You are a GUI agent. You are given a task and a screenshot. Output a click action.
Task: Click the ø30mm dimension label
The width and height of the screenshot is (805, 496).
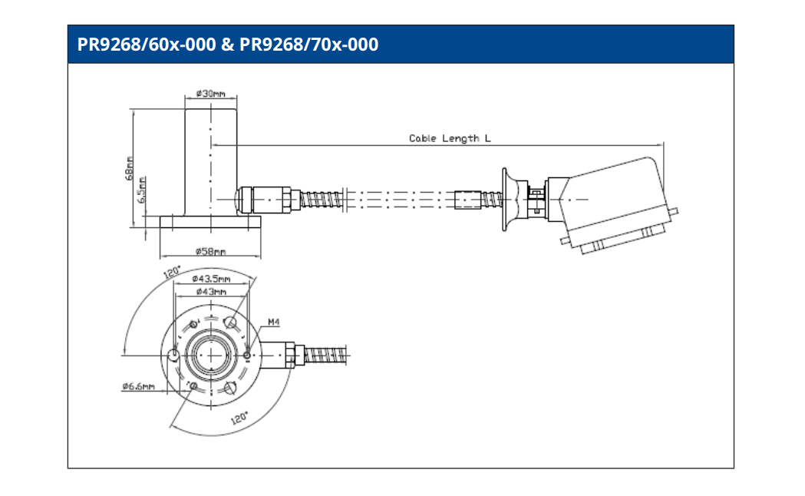click(x=210, y=93)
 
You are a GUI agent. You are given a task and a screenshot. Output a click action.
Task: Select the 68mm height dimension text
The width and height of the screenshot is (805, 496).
click(x=130, y=169)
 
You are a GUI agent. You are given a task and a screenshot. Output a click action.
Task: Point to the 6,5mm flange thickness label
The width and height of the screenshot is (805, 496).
click(x=143, y=189)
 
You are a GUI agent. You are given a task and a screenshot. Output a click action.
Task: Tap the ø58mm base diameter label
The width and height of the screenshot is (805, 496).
click(x=209, y=251)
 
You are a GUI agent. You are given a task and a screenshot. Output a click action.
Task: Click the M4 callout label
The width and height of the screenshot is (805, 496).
click(x=274, y=322)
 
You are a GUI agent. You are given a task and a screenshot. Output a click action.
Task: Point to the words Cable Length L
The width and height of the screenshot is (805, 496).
click(x=450, y=138)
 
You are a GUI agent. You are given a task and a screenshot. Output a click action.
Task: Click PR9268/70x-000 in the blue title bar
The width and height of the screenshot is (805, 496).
click(x=309, y=45)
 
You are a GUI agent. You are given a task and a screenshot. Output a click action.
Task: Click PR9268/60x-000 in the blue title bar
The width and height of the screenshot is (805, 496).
click(x=146, y=45)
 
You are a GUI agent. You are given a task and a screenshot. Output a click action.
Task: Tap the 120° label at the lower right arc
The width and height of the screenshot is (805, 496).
click(x=239, y=418)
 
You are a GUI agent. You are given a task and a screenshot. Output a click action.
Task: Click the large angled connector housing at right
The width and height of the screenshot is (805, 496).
click(x=614, y=200)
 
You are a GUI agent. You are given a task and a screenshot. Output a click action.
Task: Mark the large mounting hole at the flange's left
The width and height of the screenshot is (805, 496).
click(x=174, y=355)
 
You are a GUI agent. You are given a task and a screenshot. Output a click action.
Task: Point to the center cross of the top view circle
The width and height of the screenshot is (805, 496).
click(x=209, y=355)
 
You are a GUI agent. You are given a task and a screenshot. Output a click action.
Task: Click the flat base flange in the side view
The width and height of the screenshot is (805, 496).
click(x=209, y=222)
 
